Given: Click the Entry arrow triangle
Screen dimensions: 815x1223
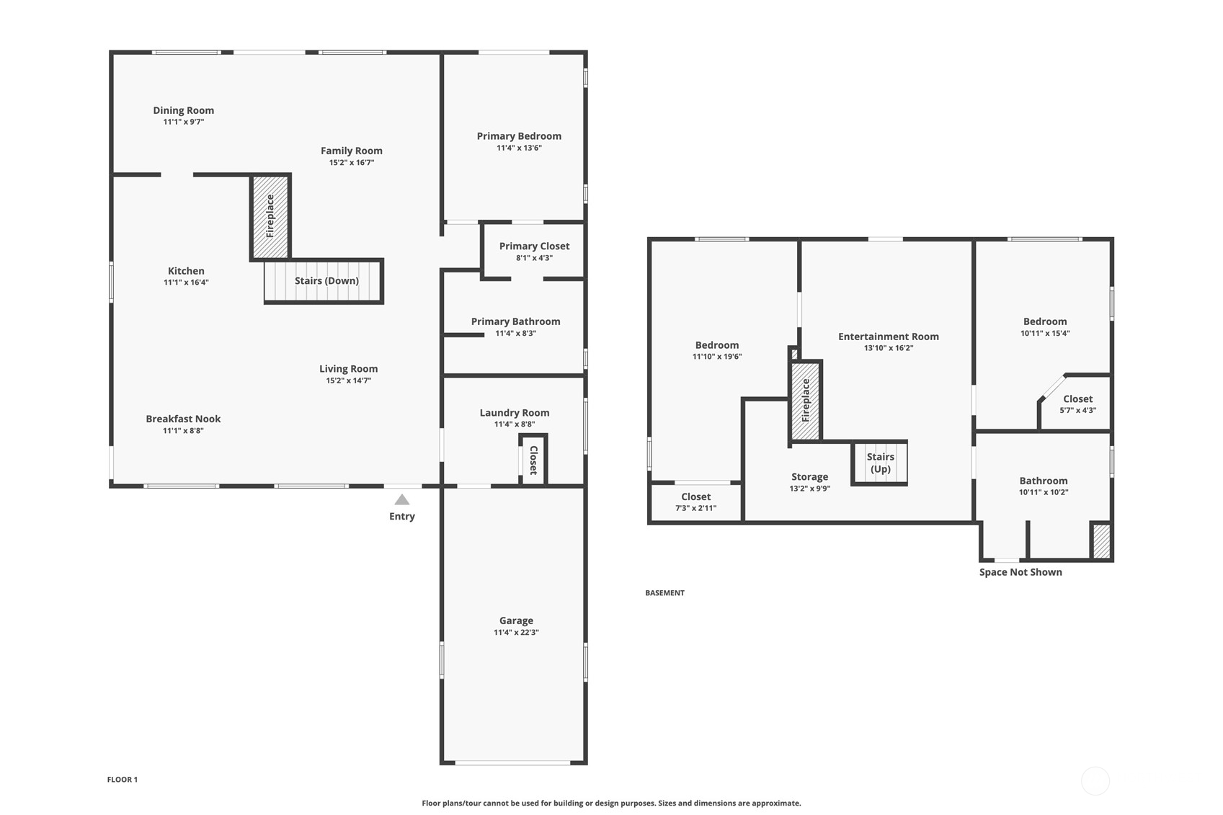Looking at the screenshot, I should [x=402, y=499].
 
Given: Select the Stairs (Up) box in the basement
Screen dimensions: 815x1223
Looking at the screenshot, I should [x=879, y=463].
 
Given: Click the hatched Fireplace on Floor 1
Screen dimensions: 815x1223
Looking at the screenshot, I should [x=270, y=216].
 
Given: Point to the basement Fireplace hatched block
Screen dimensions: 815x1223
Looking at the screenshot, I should [x=806, y=401].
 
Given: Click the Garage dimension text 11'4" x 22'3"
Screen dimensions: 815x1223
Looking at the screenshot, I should [x=516, y=633].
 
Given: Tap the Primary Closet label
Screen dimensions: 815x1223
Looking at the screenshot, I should [x=534, y=246].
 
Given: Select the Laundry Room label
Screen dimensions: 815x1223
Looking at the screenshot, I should [x=515, y=413].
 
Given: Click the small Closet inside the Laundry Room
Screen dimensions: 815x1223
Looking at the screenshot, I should [x=533, y=460].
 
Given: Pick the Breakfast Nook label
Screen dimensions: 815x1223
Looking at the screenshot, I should [x=183, y=419].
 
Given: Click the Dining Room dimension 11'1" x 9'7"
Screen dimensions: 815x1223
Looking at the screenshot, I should [x=183, y=123].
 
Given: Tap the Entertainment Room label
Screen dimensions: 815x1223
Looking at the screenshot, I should [x=888, y=337].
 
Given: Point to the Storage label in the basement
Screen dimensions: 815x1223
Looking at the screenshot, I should [x=809, y=477].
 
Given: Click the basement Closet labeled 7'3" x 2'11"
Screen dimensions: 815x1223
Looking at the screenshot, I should [x=695, y=502].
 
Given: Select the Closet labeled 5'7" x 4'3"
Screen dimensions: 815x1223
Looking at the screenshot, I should [x=1077, y=404].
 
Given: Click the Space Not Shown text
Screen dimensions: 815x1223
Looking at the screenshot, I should [x=1020, y=572].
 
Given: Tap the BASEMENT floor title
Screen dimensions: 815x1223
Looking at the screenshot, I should [x=664, y=593].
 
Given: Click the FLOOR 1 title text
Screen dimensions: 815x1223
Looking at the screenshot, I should [x=122, y=780].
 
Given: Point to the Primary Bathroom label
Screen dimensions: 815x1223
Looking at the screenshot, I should [x=515, y=321].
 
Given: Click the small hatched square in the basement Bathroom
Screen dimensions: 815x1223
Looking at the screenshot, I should [x=1101, y=540].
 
